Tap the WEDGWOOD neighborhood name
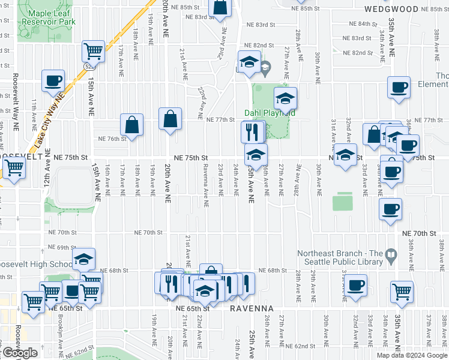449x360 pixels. pos(391,10)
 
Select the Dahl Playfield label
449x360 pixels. pos(269,113)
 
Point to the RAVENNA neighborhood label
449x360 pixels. pos(252,308)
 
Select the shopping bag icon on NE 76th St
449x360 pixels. pos(132,124)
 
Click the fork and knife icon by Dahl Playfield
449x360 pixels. pos(252,131)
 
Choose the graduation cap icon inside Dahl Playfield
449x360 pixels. pos(285,97)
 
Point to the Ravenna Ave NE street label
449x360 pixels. pos(205,184)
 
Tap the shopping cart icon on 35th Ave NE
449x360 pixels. pos(402,291)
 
